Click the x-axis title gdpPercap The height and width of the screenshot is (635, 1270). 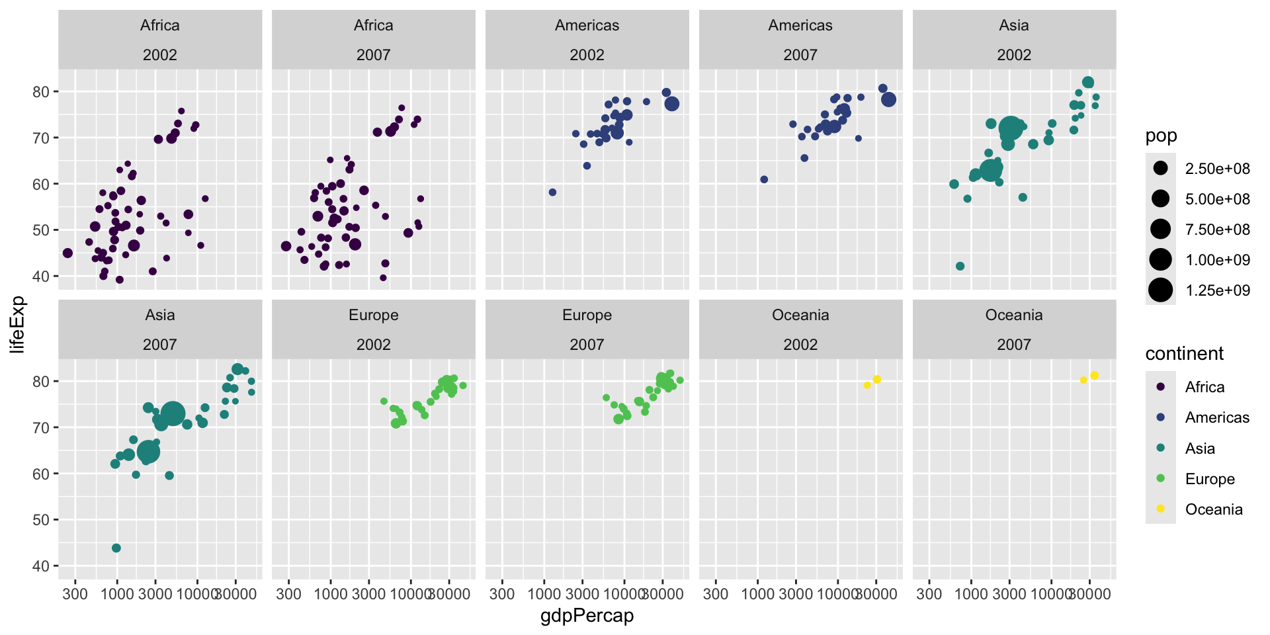tap(587, 616)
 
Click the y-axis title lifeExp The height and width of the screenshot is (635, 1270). tap(17, 324)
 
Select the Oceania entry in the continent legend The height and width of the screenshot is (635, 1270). tap(1213, 509)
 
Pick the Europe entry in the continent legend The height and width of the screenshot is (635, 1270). tap(1209, 479)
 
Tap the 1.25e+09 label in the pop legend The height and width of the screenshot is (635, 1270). tap(1217, 290)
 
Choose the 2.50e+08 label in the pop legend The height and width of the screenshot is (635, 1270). tap(1217, 169)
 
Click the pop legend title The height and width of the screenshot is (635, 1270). tap(1161, 136)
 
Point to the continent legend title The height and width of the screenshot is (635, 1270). tap(1184, 354)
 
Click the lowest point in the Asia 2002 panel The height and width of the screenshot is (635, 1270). tap(960, 266)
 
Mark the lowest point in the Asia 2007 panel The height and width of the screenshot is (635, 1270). tap(116, 548)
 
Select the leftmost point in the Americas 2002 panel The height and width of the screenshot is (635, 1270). tap(552, 192)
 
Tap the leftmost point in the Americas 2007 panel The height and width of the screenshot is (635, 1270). tap(764, 179)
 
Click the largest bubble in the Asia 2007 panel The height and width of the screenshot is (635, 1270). tap(173, 414)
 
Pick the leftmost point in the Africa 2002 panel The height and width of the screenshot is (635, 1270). tap(67, 253)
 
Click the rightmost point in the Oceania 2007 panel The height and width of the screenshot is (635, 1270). tap(1094, 376)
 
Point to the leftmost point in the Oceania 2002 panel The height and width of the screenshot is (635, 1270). tap(867, 385)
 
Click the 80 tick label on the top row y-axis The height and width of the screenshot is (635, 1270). tap(41, 92)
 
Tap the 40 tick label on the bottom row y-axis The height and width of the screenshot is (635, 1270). tap(41, 566)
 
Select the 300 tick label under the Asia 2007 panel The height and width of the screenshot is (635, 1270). tap(75, 593)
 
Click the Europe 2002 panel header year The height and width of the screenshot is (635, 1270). tap(373, 345)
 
